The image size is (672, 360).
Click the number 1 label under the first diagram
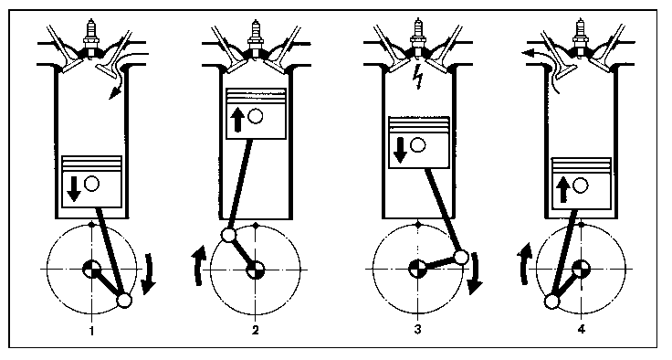pyautogui.click(x=91, y=330)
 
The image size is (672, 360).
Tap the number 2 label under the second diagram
pyautogui.click(x=256, y=330)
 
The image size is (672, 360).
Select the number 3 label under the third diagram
pyautogui.click(x=417, y=330)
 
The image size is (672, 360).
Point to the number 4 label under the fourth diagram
pyautogui.click(x=581, y=330)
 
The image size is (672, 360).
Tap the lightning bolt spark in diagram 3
pyautogui.click(x=418, y=79)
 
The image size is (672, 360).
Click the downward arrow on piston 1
pyautogui.click(x=74, y=189)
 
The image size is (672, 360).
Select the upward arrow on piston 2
pyautogui.click(x=237, y=120)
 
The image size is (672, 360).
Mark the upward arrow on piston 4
pyautogui.click(x=562, y=190)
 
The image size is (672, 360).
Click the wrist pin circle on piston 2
pyautogui.click(x=256, y=116)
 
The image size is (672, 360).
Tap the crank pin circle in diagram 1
pyautogui.click(x=124, y=300)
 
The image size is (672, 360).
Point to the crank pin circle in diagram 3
pyautogui.click(x=461, y=258)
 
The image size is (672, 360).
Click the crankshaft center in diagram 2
pyautogui.click(x=256, y=270)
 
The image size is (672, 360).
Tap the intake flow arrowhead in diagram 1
pyautogui.click(x=113, y=92)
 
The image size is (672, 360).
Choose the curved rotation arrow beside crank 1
pyautogui.click(x=148, y=274)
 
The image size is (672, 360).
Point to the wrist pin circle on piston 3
pyautogui.click(x=418, y=145)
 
